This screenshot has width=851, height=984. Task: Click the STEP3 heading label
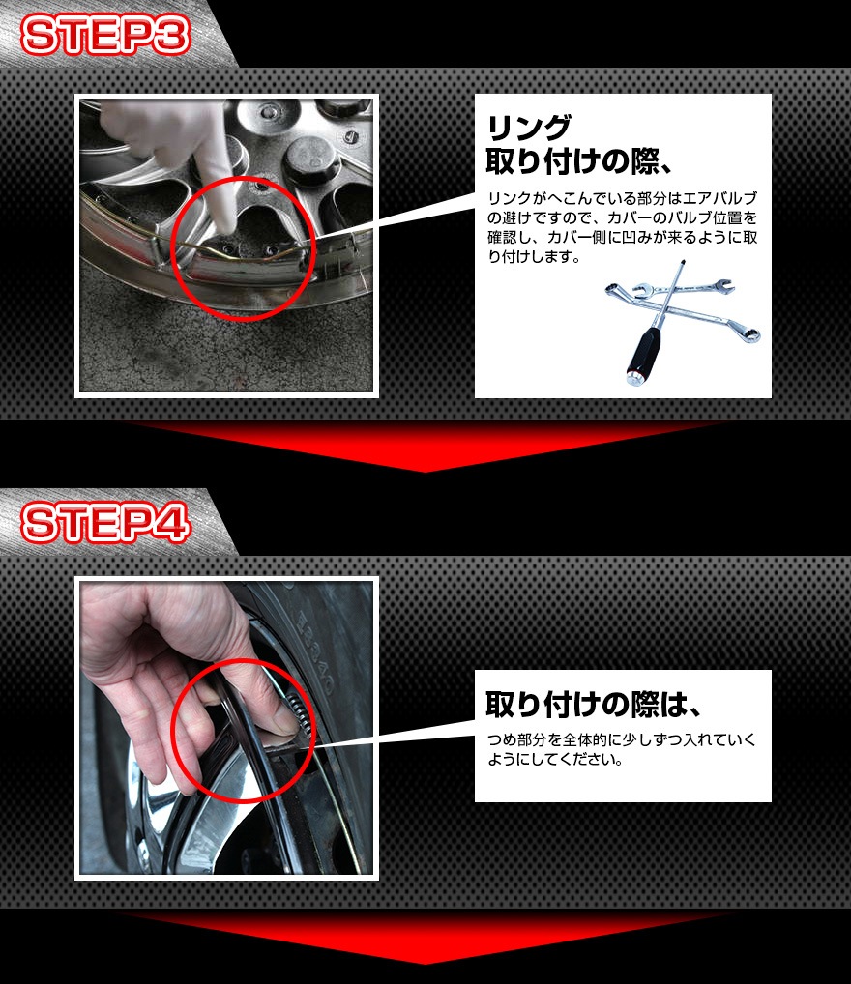click(x=105, y=35)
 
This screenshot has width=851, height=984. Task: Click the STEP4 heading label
click(x=105, y=523)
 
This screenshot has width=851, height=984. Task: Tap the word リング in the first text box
click(x=529, y=129)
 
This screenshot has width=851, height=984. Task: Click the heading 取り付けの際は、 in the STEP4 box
click(x=592, y=704)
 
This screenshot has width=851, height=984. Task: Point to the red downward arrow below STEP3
click(x=425, y=445)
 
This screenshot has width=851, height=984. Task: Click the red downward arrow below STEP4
click(x=425, y=935)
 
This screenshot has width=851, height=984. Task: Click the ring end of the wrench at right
click(x=748, y=333)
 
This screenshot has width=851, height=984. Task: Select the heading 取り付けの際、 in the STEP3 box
click(x=579, y=162)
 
